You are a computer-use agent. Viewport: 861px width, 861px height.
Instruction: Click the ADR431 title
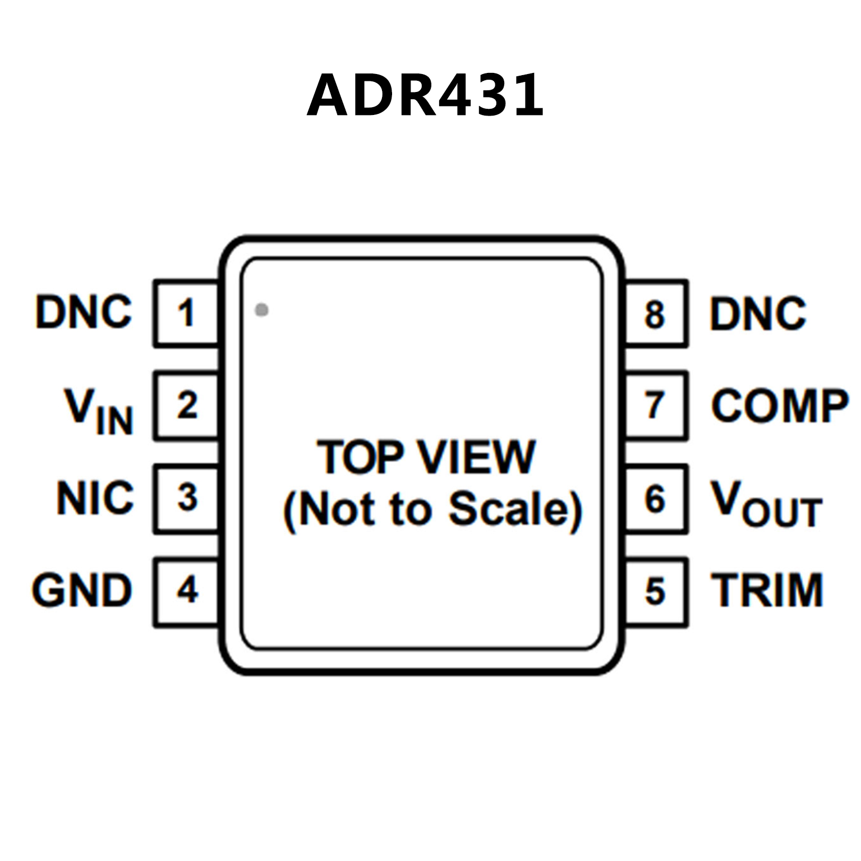[425, 95]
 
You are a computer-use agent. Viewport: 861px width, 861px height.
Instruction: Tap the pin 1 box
[186, 313]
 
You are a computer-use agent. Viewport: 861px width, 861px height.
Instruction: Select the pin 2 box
[186, 405]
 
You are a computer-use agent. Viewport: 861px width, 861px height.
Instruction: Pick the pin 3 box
[186, 498]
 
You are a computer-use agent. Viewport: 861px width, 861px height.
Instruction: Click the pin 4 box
[186, 591]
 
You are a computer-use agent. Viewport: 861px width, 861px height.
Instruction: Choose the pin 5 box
[656, 591]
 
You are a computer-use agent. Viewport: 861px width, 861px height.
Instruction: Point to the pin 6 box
[656, 498]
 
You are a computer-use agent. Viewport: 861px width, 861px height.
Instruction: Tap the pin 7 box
[656, 405]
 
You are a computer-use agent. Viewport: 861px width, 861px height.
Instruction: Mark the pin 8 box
[656, 313]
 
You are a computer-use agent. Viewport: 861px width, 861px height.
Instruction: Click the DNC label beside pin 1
[84, 312]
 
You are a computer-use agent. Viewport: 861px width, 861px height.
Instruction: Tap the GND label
[82, 591]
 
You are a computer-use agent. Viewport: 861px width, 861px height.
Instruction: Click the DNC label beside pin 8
[758, 313]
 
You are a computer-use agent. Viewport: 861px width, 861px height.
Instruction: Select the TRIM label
[767, 591]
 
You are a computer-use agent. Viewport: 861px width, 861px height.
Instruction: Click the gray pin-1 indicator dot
[261, 310]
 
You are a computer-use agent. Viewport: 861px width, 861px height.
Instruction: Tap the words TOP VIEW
[426, 457]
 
